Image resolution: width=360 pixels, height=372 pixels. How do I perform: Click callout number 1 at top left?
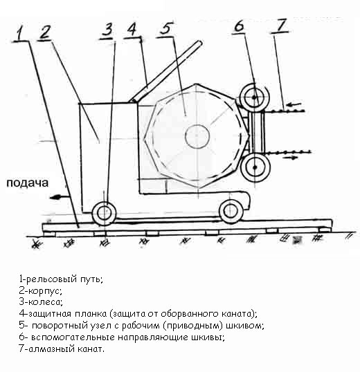coord(20,33)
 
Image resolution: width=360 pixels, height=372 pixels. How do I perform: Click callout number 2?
coord(44,32)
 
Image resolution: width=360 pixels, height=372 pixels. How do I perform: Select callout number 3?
coord(108,30)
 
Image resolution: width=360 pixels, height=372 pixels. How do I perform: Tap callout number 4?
coord(132,29)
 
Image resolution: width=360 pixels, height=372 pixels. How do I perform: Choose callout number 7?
coord(282,25)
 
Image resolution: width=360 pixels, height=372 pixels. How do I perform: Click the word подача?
coord(27,183)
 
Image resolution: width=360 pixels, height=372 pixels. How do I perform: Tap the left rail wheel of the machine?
coord(104,212)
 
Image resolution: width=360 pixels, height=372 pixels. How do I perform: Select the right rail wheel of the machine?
coord(231,211)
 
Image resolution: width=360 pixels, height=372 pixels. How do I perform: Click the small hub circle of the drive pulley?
coord(197,136)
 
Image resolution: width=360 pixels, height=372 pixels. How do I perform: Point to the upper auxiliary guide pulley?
coord(254,97)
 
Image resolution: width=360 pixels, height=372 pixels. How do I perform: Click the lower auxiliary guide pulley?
coord(255,167)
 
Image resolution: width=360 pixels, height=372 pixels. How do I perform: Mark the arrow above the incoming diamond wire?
coord(294,104)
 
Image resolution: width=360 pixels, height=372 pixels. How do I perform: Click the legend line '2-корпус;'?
coord(40,290)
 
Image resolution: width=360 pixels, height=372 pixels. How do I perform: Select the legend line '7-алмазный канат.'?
coord(62,349)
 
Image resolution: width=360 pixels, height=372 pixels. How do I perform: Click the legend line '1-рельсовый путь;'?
coord(61,279)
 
